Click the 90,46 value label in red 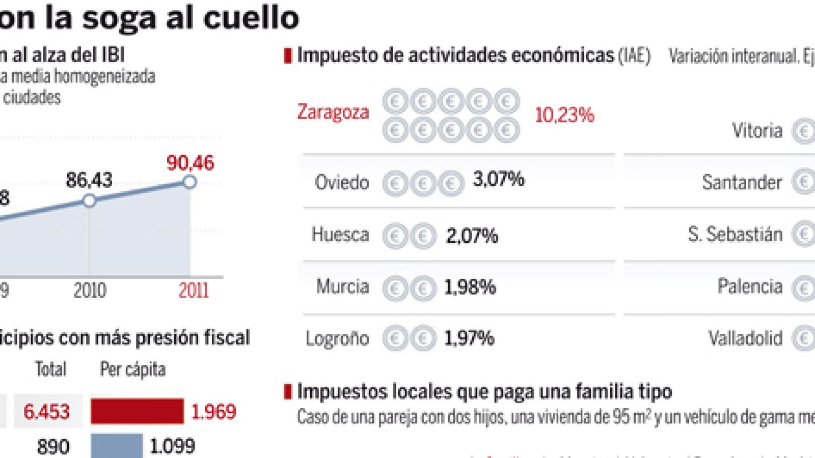[x=190, y=163]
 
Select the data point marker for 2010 [x=90, y=201]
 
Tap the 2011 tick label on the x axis [x=194, y=291]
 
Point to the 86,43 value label [x=89, y=180]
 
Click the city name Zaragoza [x=333, y=112]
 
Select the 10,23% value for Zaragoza [x=564, y=115]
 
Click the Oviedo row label [x=342, y=182]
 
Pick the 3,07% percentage [x=498, y=179]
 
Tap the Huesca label [x=340, y=235]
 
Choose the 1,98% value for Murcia [x=470, y=288]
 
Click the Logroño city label [x=337, y=338]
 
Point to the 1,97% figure [x=469, y=338]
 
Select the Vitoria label [x=757, y=131]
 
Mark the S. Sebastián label [x=735, y=235]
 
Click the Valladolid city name [x=745, y=338]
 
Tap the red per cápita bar [x=137, y=411]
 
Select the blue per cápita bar [x=117, y=446]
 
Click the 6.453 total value [x=46, y=411]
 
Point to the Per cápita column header [x=133, y=369]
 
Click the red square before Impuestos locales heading [x=288, y=391]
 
